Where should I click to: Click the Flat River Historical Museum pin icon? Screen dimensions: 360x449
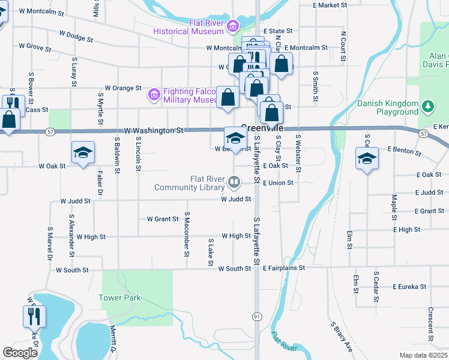(x=232, y=25)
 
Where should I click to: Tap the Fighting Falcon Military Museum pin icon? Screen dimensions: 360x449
(x=154, y=94)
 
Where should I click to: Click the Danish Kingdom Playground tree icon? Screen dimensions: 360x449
(x=427, y=107)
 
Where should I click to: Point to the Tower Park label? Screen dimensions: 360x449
(x=119, y=298)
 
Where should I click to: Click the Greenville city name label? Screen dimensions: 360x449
(x=262, y=127)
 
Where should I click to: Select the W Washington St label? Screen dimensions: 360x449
(x=154, y=130)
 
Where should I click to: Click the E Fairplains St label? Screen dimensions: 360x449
(x=283, y=268)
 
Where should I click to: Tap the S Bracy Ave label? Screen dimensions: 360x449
(x=340, y=337)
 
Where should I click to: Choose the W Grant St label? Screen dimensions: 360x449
(x=162, y=220)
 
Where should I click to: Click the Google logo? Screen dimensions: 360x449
(x=20, y=353)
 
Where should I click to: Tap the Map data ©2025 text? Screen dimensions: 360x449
(x=424, y=355)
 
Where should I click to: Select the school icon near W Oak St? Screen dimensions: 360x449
(x=83, y=152)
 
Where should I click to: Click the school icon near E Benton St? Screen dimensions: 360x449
(x=366, y=158)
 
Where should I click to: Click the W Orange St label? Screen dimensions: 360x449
(x=122, y=88)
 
